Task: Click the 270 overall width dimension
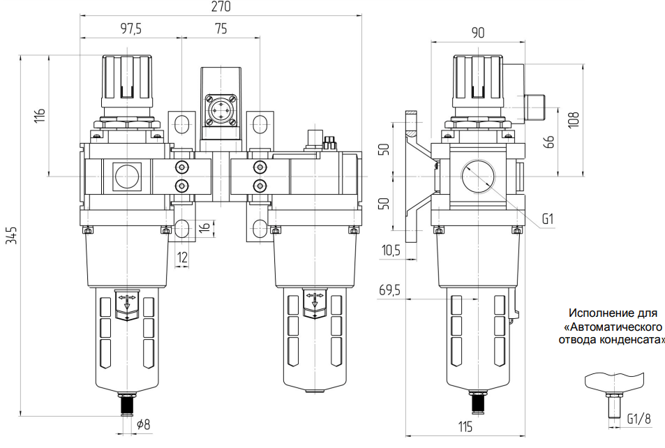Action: point(221,7)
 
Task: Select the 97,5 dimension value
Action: point(131,29)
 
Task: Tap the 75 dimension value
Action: point(221,29)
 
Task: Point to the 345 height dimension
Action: point(13,235)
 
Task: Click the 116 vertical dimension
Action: point(40,115)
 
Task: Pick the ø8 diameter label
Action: point(144,424)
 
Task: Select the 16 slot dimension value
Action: point(205,226)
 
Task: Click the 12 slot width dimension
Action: point(182,257)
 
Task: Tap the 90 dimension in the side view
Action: point(478,33)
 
